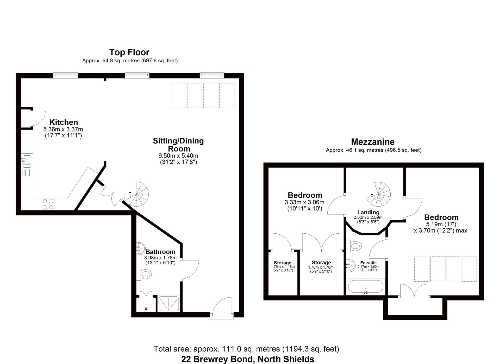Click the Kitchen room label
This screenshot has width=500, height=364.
64,122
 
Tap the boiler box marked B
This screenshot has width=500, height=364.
146,308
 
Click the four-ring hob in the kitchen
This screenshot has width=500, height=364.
48,204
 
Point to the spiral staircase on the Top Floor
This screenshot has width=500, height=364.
136,195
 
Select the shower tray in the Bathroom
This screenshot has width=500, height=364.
169,304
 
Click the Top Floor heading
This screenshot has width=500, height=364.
129,52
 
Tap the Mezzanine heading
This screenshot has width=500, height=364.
373,142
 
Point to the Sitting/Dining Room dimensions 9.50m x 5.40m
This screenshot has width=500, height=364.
178,156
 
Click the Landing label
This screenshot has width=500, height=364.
368,212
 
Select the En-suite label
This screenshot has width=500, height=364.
368,263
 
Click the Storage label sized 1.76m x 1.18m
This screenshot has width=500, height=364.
283,263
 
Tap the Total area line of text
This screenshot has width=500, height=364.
246,349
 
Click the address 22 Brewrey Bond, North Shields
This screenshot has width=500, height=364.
248,359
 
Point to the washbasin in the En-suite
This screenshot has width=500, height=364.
351,266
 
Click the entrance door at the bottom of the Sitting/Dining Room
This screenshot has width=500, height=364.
222,308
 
